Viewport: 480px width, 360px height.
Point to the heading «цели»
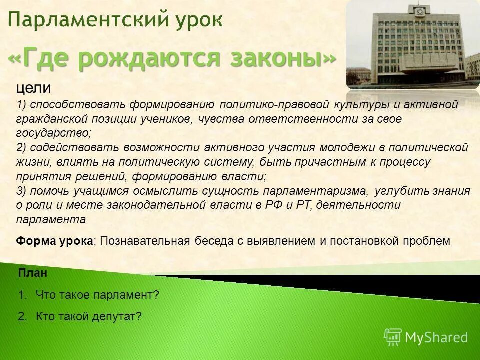click(x=33, y=88)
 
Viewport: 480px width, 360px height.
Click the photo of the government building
click(x=412, y=45)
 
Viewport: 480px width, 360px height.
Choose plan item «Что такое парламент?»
click(x=97, y=295)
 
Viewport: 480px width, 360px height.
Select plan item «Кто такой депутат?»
click(x=89, y=316)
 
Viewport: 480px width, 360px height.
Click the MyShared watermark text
click(x=436, y=338)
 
